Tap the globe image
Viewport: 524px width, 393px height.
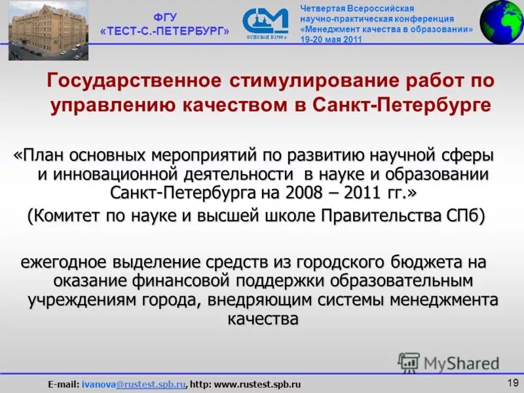point(502,22)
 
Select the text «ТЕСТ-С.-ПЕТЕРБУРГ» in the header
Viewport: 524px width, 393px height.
point(165,31)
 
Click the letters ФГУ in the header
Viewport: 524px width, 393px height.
point(164,18)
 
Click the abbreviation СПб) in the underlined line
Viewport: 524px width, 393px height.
point(466,217)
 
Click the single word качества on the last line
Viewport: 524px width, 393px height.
point(263,319)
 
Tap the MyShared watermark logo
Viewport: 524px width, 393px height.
point(448,363)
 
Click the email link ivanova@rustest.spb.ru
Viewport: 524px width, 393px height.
point(134,383)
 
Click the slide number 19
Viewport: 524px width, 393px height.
point(512,382)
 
